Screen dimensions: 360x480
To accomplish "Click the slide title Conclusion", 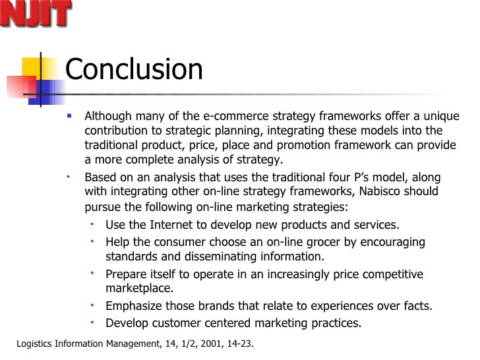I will pos(134,70).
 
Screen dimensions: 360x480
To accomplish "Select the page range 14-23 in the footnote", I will pos(237,344).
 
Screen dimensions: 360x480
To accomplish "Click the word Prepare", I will pos(127,274).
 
